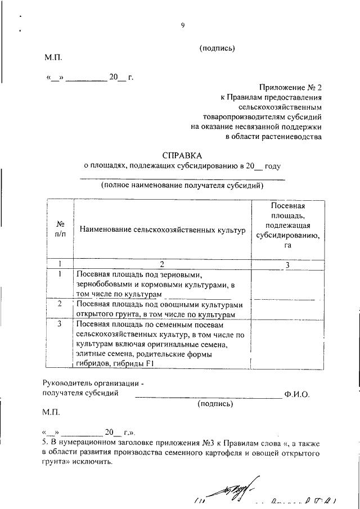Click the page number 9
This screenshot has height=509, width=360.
tap(183, 24)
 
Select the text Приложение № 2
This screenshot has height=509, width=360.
tap(291, 88)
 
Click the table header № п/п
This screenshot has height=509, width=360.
tap(60, 229)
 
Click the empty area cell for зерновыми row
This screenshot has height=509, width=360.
tap(287, 284)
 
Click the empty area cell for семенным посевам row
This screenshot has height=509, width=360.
tap(287, 344)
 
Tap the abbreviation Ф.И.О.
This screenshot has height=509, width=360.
tap(297, 394)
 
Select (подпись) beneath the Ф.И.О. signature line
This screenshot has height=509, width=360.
tap(214, 404)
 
